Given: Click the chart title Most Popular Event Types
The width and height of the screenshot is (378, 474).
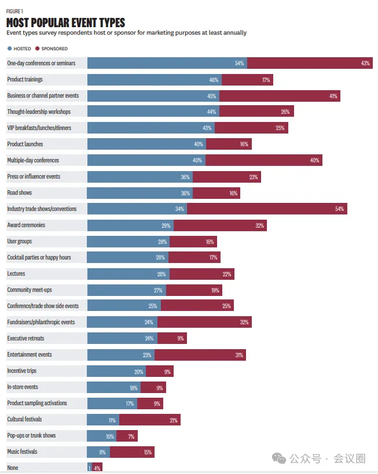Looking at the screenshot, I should pyautogui.click(x=65, y=23).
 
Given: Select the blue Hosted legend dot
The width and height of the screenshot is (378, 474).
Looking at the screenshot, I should pyautogui.click(x=9, y=49).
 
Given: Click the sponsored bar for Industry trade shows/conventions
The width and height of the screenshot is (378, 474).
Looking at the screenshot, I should pyautogui.click(x=267, y=209).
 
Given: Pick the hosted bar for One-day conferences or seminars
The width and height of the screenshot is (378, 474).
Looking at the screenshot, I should pyautogui.click(x=167, y=63).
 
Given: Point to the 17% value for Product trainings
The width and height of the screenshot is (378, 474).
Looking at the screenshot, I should pyautogui.click(x=266, y=79).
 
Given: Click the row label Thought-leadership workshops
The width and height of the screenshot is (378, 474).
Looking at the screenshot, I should pyautogui.click(x=38, y=112).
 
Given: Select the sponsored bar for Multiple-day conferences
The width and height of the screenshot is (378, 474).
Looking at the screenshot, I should pyautogui.click(x=263, y=160).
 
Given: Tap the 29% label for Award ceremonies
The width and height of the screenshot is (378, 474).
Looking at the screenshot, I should pyautogui.click(x=166, y=225).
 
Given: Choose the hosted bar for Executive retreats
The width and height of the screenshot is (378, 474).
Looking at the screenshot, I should pyautogui.click(x=122, y=338).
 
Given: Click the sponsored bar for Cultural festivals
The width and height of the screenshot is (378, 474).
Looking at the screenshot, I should pyautogui.click(x=150, y=419).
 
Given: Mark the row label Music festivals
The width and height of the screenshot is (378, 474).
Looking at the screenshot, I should pyautogui.click(x=23, y=451).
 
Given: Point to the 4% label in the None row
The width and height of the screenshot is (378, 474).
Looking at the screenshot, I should pyautogui.click(x=97, y=468).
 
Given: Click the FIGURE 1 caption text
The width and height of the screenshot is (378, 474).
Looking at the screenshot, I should pyautogui.click(x=15, y=11).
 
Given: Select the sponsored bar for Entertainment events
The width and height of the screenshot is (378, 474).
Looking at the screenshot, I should pyautogui.click(x=200, y=354).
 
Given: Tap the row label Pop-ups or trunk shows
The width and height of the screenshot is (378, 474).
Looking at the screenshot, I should pyautogui.click(x=32, y=435).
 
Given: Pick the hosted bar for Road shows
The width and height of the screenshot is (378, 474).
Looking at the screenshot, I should pyautogui.click(x=140, y=192).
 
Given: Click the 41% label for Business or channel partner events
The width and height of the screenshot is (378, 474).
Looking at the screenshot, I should pyautogui.click(x=333, y=95).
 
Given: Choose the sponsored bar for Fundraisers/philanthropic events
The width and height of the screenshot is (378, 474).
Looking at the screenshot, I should pyautogui.click(x=204, y=322).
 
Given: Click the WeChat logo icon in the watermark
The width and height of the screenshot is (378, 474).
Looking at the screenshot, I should pyautogui.click(x=280, y=458).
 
